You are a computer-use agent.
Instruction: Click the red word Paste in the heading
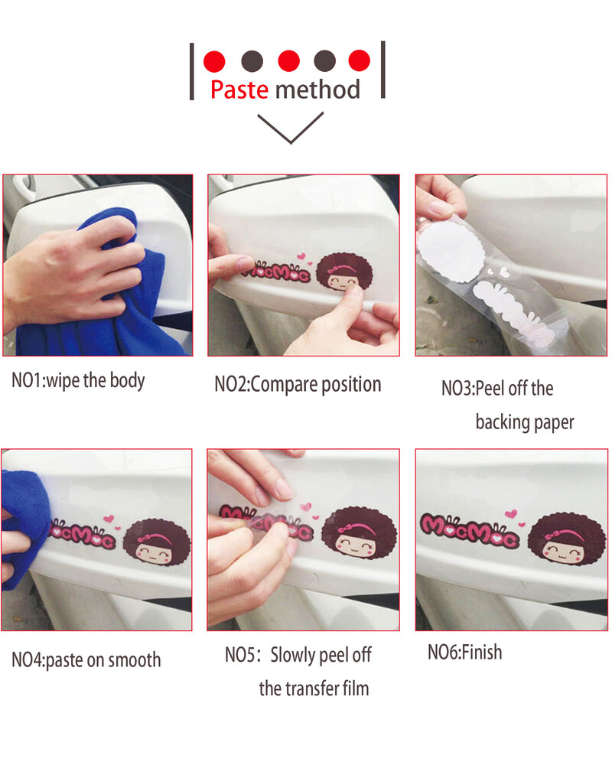click(239, 90)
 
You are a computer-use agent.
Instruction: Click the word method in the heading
click(317, 90)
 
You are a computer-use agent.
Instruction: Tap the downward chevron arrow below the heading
click(291, 128)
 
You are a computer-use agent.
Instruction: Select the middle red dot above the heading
click(288, 61)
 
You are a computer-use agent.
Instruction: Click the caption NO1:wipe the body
click(78, 380)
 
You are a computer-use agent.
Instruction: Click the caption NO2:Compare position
click(298, 385)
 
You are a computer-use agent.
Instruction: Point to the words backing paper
click(525, 422)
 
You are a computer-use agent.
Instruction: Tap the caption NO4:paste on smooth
click(86, 660)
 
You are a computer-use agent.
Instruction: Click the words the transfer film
click(314, 688)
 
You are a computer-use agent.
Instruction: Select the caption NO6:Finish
click(464, 653)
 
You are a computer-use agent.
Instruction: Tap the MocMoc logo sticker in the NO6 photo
click(470, 530)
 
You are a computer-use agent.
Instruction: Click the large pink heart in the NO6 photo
click(511, 513)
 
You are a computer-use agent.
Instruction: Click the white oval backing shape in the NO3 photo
click(451, 254)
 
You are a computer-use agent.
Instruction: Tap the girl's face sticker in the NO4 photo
click(156, 542)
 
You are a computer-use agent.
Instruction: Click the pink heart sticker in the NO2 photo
click(301, 256)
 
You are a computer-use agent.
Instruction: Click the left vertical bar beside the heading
click(192, 72)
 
